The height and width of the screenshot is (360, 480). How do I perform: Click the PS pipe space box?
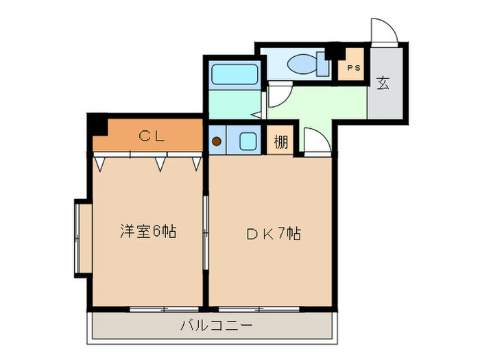pos(354,67)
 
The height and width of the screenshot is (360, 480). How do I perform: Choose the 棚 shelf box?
pos(280,143)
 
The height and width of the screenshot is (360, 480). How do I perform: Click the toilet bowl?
pos(302,65)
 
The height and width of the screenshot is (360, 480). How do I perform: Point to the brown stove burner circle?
pos(217,142)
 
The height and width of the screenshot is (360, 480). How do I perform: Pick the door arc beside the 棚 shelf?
pos(315,142)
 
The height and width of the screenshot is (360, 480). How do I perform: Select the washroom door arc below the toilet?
pos(278,96)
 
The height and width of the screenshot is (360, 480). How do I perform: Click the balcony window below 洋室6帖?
pos(157,309)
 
